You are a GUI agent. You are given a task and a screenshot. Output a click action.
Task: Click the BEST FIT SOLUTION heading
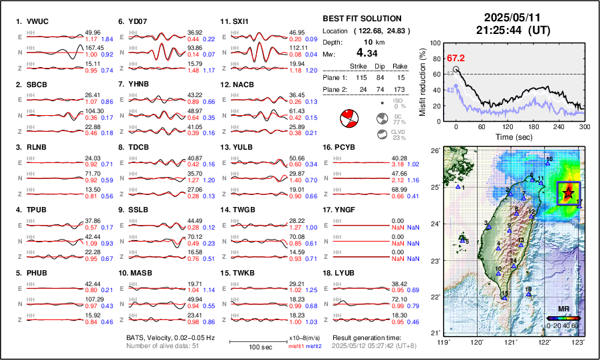point(361,19)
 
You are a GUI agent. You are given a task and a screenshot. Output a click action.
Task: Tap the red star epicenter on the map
point(567,193)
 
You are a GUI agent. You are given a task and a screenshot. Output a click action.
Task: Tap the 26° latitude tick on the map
point(434,151)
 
